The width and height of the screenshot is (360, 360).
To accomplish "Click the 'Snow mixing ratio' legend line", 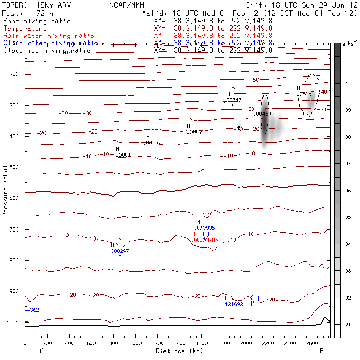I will pos(36,21).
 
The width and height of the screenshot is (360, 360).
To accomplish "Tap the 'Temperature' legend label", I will pos(25,29).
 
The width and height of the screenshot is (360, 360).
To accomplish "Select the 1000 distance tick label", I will pos(135,344).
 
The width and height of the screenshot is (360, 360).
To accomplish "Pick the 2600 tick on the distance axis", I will pos(311,344).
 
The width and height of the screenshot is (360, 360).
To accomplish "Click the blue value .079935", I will pos(205,228).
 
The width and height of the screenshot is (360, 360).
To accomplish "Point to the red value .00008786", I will pos(206,240).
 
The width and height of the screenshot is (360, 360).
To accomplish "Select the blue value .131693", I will pos(233,304).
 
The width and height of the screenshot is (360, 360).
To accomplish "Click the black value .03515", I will pos(304,94).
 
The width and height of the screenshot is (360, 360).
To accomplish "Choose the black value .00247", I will pos(233,100).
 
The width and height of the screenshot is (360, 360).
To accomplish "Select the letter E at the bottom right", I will pos(321,351).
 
